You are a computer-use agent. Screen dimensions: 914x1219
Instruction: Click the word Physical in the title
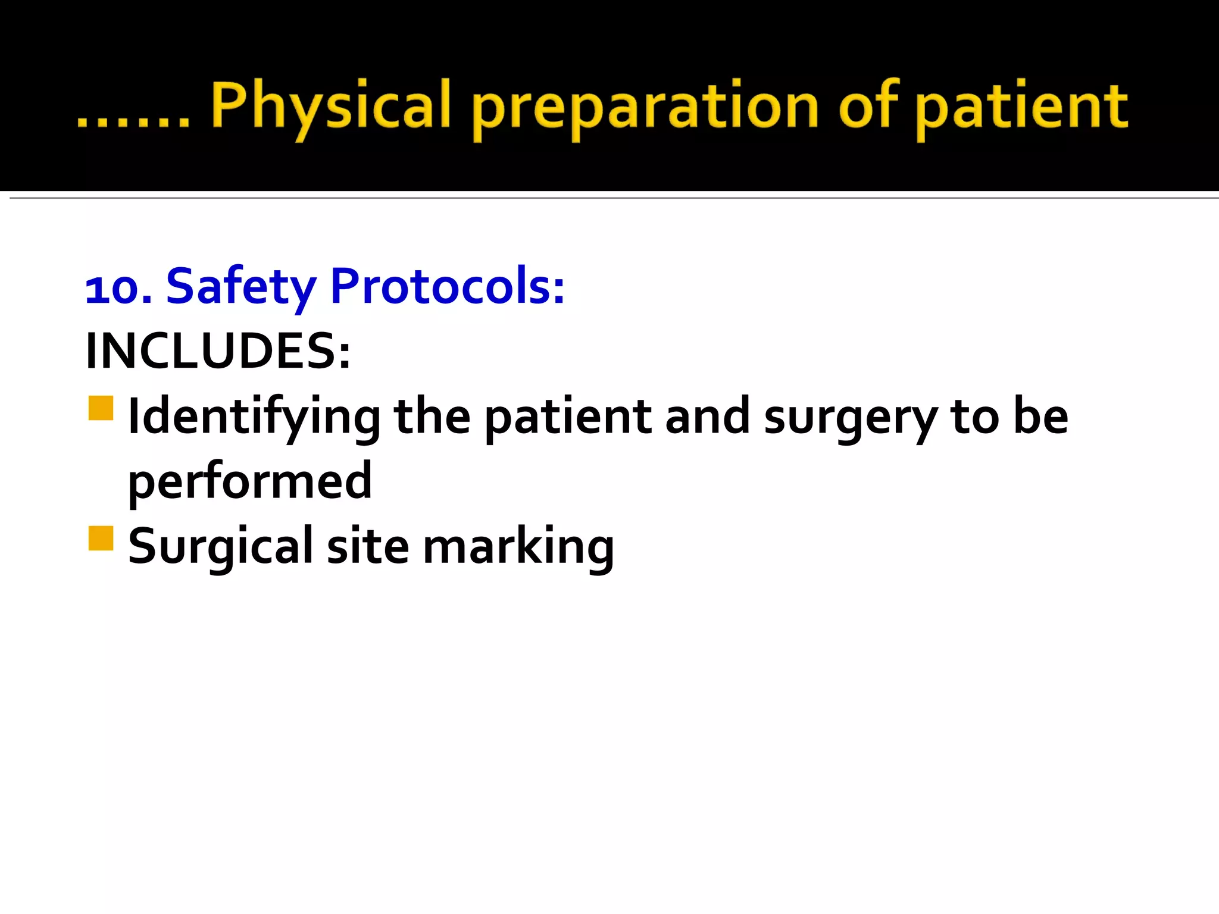click(x=330, y=107)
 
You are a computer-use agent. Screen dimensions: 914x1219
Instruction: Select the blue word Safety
click(x=240, y=288)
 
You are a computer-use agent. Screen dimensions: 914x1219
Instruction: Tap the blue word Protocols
click(x=446, y=287)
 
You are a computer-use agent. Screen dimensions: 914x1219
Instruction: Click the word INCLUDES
click(x=218, y=351)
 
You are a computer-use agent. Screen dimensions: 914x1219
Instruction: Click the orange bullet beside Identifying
click(x=101, y=409)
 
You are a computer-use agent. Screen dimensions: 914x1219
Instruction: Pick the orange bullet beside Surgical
click(x=101, y=539)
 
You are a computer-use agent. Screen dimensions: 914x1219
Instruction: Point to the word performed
click(x=250, y=481)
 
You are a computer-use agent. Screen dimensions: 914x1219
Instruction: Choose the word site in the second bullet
click(x=368, y=546)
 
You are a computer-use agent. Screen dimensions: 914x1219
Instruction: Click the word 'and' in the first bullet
click(x=707, y=417)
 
